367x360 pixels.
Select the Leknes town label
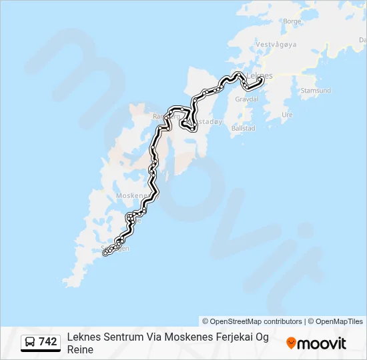pyautogui.click(x=260, y=76)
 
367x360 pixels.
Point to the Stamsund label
pyautogui.click(x=316, y=90)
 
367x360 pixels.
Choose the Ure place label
pyautogui.click(x=288, y=115)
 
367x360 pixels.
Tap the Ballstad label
pyautogui.click(x=242, y=127)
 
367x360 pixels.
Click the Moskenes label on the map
pyautogui.click(x=131, y=195)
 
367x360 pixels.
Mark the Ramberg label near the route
pyautogui.click(x=165, y=116)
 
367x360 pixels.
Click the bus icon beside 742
pyautogui.click(x=31, y=343)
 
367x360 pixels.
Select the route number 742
pyautogui.click(x=48, y=342)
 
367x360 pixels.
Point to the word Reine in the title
pyautogui.click(x=80, y=349)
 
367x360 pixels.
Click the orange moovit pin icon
pyautogui.click(x=291, y=343)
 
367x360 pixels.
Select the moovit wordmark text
pyautogui.click(x=322, y=343)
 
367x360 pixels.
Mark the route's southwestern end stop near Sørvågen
pyautogui.click(x=105, y=252)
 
